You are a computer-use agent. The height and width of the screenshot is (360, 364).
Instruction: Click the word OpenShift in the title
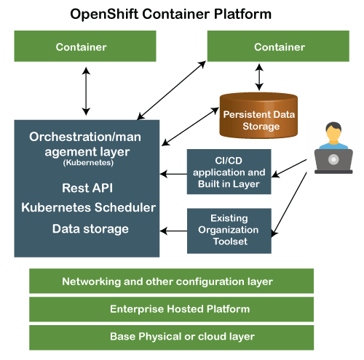click(x=104, y=14)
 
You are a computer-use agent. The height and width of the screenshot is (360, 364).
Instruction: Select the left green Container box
click(x=85, y=46)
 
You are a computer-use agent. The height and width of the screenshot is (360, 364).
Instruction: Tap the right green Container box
click(x=278, y=46)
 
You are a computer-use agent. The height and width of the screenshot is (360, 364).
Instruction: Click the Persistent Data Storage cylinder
click(x=258, y=116)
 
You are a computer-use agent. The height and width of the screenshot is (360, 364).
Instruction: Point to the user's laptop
click(x=333, y=161)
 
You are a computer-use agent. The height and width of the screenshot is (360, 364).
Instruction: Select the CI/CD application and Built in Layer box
click(x=229, y=172)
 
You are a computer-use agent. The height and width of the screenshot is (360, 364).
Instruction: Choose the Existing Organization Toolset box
click(x=229, y=231)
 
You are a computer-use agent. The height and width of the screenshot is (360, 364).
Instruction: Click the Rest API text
click(x=87, y=188)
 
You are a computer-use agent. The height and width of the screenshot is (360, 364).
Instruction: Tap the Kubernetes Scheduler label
click(x=88, y=207)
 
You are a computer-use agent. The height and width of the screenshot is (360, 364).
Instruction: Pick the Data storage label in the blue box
click(x=90, y=229)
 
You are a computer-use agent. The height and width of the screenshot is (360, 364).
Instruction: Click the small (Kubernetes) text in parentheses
click(x=88, y=163)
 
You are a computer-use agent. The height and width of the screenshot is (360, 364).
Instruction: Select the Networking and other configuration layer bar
click(x=171, y=281)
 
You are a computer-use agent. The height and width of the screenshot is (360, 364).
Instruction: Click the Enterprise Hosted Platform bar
click(x=171, y=309)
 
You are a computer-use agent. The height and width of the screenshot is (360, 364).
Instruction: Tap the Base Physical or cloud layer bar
click(x=171, y=337)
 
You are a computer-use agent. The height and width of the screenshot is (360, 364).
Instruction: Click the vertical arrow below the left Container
click(x=86, y=91)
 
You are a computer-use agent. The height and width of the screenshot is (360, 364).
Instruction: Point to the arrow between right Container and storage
click(x=259, y=77)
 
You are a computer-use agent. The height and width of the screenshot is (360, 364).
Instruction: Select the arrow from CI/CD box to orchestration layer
click(x=173, y=174)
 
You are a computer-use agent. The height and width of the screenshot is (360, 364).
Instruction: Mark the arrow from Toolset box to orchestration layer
click(x=173, y=231)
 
